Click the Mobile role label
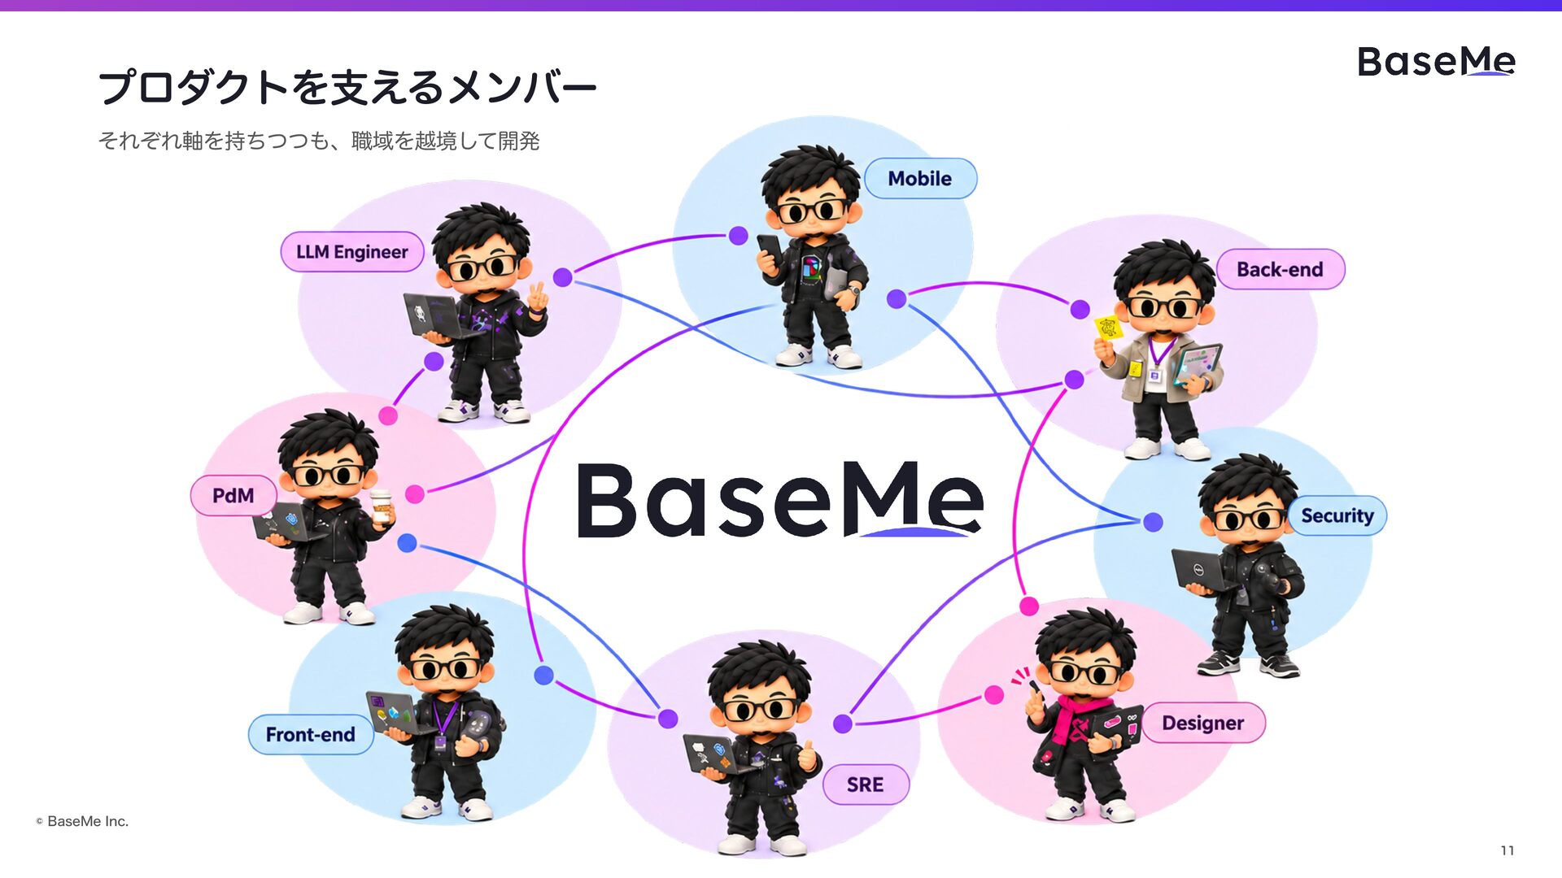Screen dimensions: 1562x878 (x=920, y=179)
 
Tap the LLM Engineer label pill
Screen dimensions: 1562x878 (x=352, y=252)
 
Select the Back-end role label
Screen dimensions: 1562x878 (x=1281, y=269)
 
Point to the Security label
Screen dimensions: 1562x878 (x=1337, y=515)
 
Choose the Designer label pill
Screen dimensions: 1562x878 (x=1203, y=723)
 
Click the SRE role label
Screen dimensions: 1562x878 (x=866, y=785)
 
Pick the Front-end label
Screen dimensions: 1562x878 (x=311, y=735)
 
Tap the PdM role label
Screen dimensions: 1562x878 (x=233, y=495)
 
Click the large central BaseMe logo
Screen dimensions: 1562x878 (x=780, y=500)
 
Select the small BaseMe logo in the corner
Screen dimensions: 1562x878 (x=1436, y=62)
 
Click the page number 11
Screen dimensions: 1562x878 (x=1507, y=850)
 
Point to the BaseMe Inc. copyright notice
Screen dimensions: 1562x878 (x=82, y=821)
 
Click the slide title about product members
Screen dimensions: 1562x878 (x=347, y=87)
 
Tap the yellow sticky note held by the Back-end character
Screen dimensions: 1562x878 (x=1107, y=328)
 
